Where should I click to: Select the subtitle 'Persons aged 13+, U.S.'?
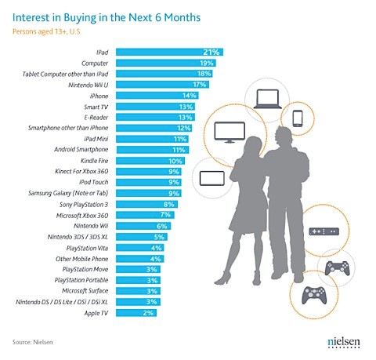(x=56, y=32)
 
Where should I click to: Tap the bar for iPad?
(x=168, y=52)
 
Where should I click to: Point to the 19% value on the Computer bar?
(x=207, y=63)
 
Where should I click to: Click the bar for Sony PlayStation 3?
(x=141, y=202)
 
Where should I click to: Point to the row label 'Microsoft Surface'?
(x=82, y=289)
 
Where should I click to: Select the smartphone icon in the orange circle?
(x=298, y=118)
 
